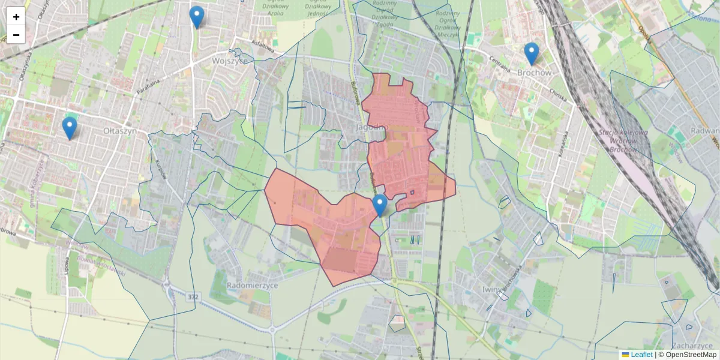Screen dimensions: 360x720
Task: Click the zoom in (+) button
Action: click(16, 17)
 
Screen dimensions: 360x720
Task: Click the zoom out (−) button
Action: click(16, 35)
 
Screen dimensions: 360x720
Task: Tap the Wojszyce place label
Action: click(230, 61)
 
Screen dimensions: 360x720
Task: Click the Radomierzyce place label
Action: click(253, 286)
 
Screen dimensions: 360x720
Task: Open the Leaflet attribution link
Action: click(641, 355)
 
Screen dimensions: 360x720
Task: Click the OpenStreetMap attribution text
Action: click(691, 355)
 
